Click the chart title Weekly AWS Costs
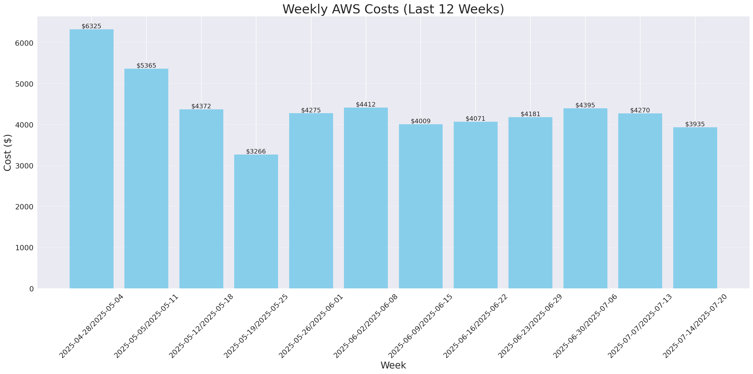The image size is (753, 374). coord(393,9)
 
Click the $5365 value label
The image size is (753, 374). coord(146,65)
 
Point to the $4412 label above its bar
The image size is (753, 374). coord(366,104)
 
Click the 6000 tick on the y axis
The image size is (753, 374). coord(24,43)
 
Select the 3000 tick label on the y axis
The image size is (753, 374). coord(24,166)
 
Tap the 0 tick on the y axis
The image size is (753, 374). coord(31,289)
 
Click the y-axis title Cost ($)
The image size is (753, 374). coord(8,153)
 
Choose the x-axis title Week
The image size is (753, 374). coord(393,365)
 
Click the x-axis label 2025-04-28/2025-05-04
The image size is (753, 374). coord(92,326)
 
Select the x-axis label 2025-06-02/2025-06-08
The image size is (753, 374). coord(366,326)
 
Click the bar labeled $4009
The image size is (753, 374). coord(421,206)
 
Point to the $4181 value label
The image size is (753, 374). coord(530,114)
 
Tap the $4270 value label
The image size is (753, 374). coord(640,110)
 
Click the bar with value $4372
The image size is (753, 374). coord(201,199)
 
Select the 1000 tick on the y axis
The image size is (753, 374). coord(24,248)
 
